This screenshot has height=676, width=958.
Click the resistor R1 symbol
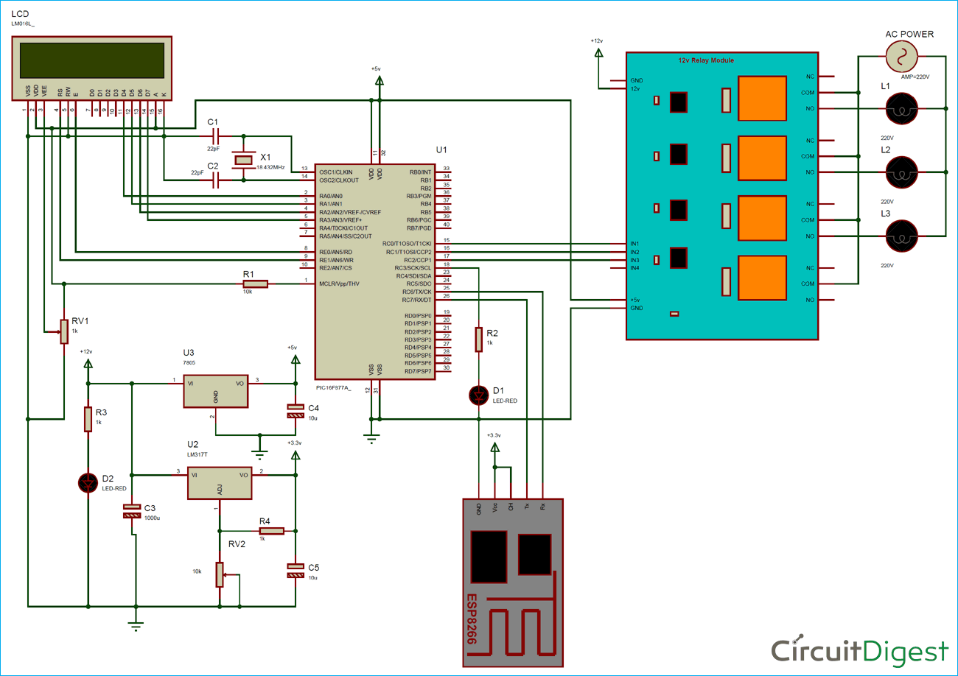point(255,284)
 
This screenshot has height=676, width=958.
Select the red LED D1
point(479,395)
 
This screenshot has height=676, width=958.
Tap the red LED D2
point(88,483)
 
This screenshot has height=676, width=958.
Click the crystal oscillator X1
point(242,159)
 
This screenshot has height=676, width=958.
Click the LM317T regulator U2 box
point(219,483)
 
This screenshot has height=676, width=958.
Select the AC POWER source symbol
point(900,55)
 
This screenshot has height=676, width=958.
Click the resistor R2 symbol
point(479,339)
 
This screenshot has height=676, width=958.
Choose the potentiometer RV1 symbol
point(64,331)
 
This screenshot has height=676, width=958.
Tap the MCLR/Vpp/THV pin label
point(340,284)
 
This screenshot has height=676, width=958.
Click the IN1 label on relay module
point(634,244)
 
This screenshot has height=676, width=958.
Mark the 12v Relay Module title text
point(706,60)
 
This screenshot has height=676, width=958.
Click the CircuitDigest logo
point(859,651)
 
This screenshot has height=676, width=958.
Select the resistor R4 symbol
point(270,530)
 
